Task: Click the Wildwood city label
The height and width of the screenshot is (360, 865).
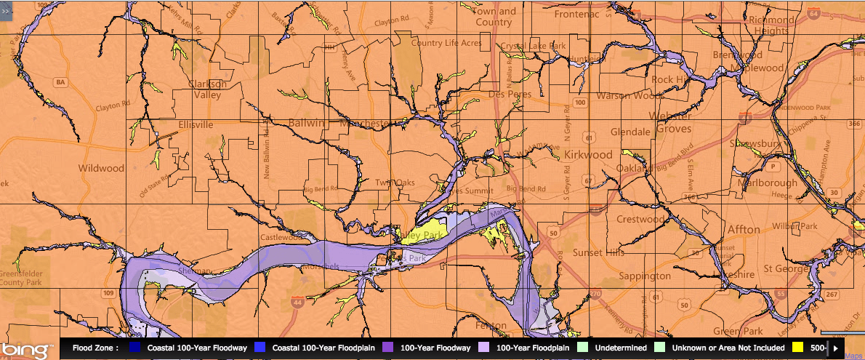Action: [x=102, y=168]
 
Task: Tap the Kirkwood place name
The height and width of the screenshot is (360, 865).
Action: [x=588, y=155]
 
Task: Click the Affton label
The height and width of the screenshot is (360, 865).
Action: [x=744, y=230]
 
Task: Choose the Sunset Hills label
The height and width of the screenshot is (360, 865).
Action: [x=598, y=252]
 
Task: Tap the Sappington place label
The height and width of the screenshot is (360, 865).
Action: [x=644, y=276]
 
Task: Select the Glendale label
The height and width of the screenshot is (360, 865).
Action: [x=630, y=132]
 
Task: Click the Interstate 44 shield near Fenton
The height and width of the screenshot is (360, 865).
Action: [x=299, y=301]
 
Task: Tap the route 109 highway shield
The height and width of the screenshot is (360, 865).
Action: [x=108, y=293]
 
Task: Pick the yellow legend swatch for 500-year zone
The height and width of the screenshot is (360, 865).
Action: [x=797, y=348]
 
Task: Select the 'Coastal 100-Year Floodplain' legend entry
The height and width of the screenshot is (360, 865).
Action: [x=317, y=348]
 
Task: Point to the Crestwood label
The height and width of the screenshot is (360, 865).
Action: [x=640, y=219]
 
